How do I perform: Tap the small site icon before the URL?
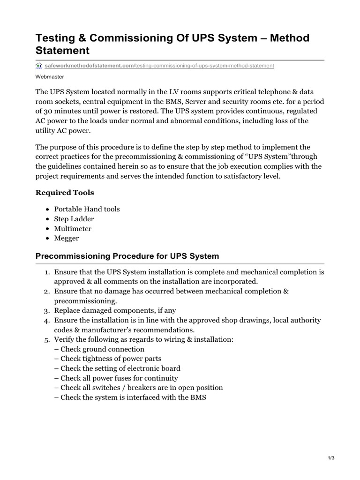click(x=39, y=66)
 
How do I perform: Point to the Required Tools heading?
click(x=65, y=193)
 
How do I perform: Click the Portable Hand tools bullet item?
click(x=87, y=209)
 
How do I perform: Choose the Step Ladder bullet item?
click(x=74, y=219)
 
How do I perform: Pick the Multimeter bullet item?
click(x=73, y=229)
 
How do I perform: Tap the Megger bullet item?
click(x=67, y=238)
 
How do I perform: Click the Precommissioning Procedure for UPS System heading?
click(x=127, y=256)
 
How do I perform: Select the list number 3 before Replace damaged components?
click(x=47, y=311)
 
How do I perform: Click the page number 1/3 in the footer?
click(x=331, y=458)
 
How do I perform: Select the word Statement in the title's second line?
click(x=62, y=50)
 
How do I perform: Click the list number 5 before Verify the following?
click(x=47, y=339)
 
